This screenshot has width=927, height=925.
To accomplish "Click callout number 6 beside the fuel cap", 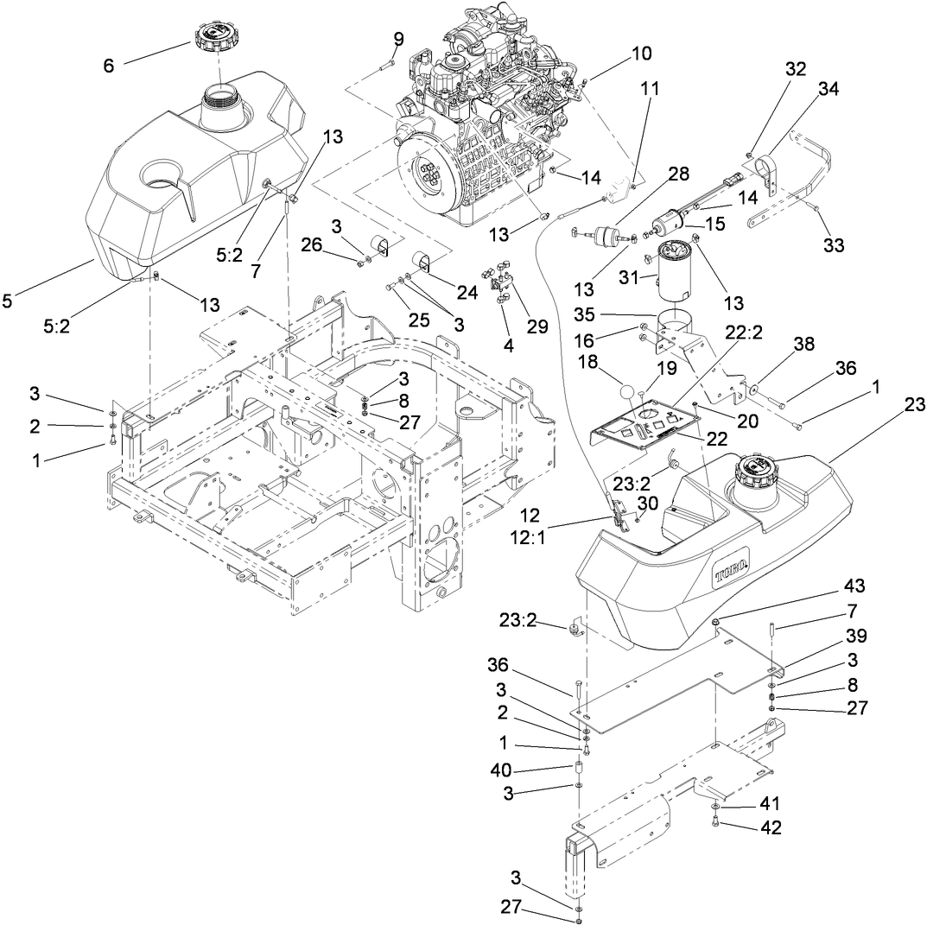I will pos(109,64).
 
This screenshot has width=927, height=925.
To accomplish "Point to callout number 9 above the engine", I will pos(398,38).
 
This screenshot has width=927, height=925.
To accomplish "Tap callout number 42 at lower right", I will pos(771,827).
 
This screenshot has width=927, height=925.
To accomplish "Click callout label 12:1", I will pos(530,535).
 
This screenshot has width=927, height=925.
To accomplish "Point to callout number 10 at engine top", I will pos(641,54).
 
